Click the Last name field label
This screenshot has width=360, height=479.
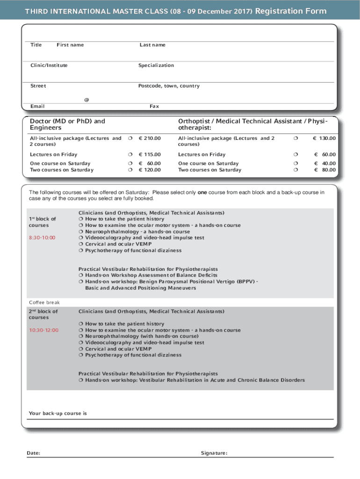point(152,45)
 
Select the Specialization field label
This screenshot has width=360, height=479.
point(156,65)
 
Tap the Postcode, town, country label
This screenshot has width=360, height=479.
point(169,86)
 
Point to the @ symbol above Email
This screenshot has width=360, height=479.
point(86,100)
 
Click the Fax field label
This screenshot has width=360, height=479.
point(154,106)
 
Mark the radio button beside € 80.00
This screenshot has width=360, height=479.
point(295,170)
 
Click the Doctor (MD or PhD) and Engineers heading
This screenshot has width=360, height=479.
point(67,124)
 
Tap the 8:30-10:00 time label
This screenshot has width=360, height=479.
point(42,238)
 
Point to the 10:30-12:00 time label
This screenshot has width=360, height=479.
point(43,330)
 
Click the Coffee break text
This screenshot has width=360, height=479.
point(44,303)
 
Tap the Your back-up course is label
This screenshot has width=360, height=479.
point(58,414)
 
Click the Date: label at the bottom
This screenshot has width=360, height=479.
point(33,453)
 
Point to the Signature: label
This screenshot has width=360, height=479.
point(214,453)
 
